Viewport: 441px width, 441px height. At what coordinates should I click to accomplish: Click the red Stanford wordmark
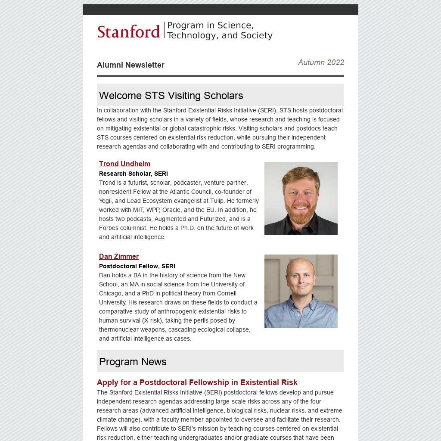click(128, 31)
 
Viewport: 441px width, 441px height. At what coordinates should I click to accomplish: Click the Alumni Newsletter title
click(130, 65)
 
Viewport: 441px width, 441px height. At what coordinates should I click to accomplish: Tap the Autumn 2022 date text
click(321, 62)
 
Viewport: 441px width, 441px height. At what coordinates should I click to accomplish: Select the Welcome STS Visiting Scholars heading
click(171, 96)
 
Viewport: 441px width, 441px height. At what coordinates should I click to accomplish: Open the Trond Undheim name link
click(124, 164)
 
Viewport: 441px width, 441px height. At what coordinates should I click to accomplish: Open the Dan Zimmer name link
click(119, 256)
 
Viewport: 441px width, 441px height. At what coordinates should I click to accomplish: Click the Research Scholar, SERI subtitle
click(134, 174)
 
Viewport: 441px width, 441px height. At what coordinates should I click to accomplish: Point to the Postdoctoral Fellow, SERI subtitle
click(137, 266)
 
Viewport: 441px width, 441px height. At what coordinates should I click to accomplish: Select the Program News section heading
click(133, 362)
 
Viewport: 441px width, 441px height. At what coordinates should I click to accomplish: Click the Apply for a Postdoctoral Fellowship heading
click(197, 382)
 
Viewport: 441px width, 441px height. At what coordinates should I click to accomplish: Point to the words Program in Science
click(210, 25)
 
